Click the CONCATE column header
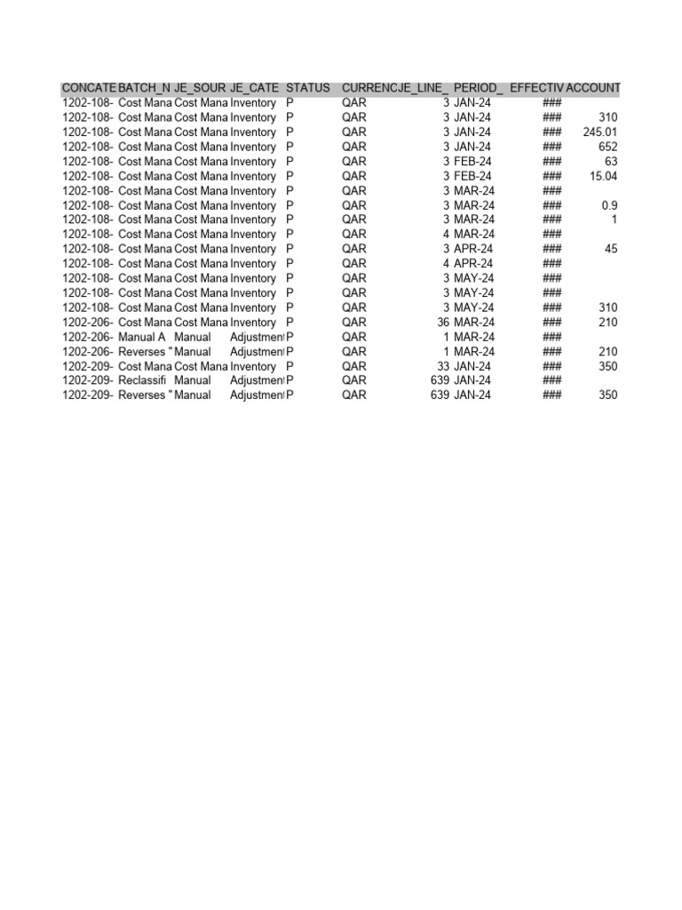tap(88, 89)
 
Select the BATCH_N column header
tap(144, 89)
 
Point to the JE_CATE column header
tap(254, 89)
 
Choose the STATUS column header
tap(308, 89)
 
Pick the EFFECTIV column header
tap(536, 89)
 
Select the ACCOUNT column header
tap(592, 89)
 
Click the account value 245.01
tap(600, 132)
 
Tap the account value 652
tap(608, 147)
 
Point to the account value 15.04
tap(603, 176)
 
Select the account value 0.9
tap(609, 205)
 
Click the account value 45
tap(611, 249)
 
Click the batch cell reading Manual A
tap(142, 337)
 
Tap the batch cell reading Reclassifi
tap(142, 380)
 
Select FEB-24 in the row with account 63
tap(473, 162)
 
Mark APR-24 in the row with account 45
tap(473, 249)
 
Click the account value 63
tap(611, 162)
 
